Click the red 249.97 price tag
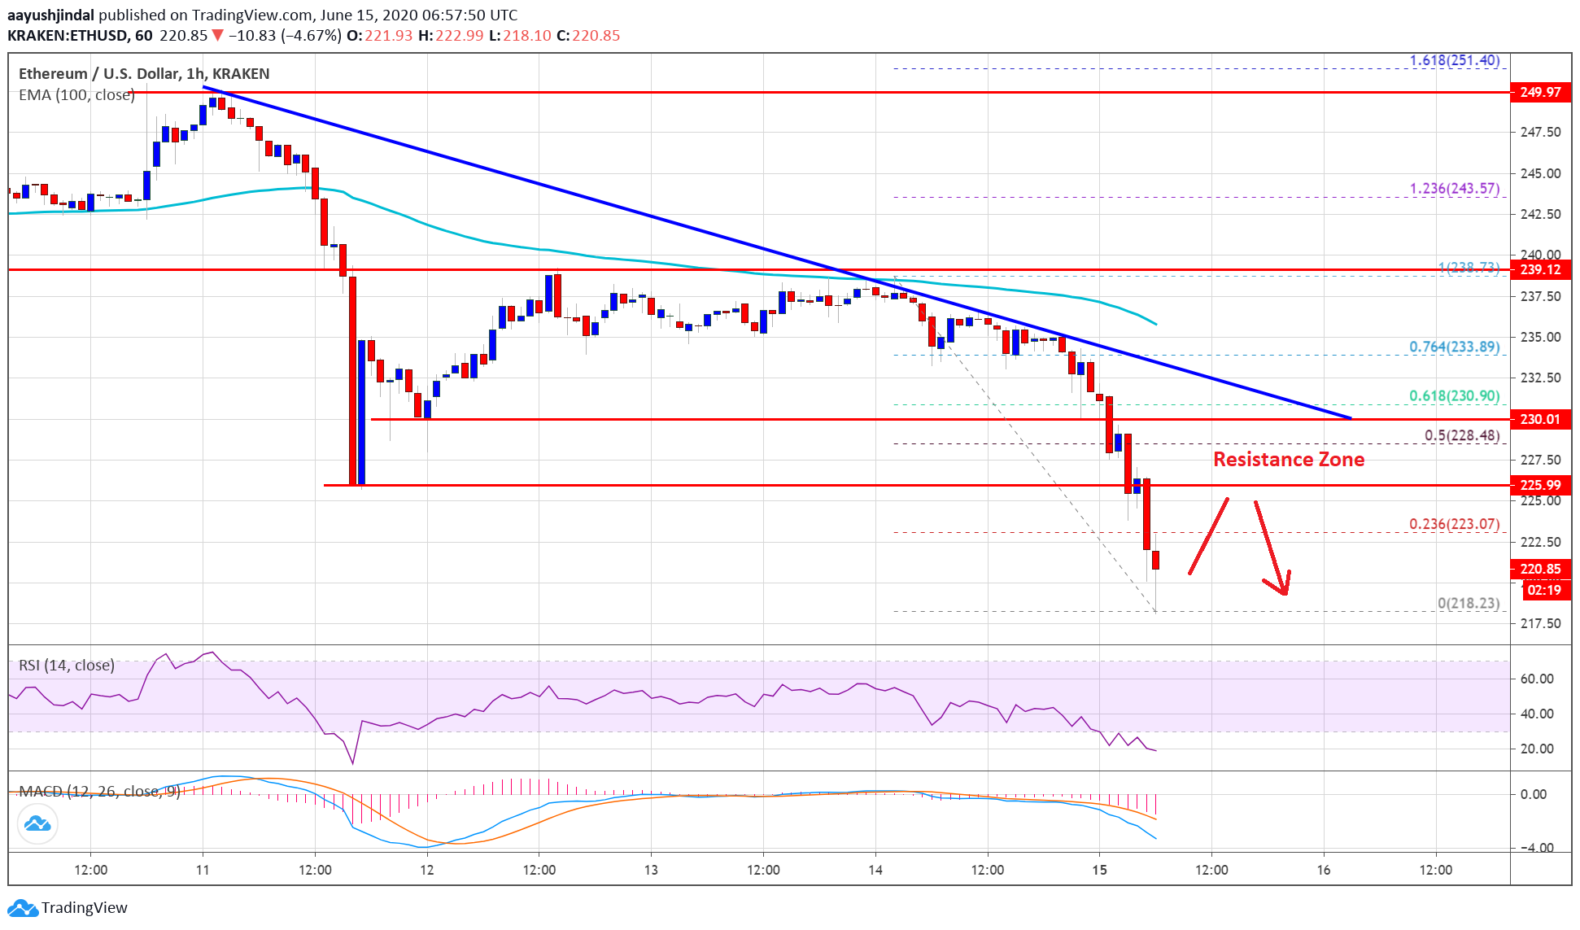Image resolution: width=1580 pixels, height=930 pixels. [x=1539, y=92]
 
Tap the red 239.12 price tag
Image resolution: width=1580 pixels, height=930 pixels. [x=1539, y=269]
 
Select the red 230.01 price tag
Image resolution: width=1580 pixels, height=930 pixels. [x=1539, y=419]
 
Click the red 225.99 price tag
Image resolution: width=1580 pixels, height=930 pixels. [x=1539, y=485]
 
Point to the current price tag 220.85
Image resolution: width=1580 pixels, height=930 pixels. [x=1539, y=569]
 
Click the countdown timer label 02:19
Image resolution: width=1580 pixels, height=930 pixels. [x=1543, y=590]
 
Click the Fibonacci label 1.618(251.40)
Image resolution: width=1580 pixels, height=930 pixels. [x=1454, y=60]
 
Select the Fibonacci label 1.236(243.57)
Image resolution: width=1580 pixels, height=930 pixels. [x=1454, y=189]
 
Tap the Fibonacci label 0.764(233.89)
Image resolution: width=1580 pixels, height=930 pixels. [x=1454, y=347]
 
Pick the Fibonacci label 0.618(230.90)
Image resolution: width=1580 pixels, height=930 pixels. [x=1454, y=396]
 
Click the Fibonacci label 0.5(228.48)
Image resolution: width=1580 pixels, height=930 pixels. [x=1461, y=435]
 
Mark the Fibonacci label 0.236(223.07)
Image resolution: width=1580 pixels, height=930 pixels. [x=1454, y=524]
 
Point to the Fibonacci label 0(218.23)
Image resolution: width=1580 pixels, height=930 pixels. [x=1468, y=603]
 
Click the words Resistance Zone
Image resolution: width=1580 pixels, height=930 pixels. [x=1288, y=460]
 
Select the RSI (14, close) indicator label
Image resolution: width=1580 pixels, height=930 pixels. [x=67, y=666]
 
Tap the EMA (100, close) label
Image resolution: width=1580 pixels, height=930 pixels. [x=76, y=95]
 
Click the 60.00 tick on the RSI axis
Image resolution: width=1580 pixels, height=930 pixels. [x=1536, y=679]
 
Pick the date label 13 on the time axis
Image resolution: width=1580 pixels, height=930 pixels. [x=651, y=870]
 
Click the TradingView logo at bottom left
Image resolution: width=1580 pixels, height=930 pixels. [x=68, y=907]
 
